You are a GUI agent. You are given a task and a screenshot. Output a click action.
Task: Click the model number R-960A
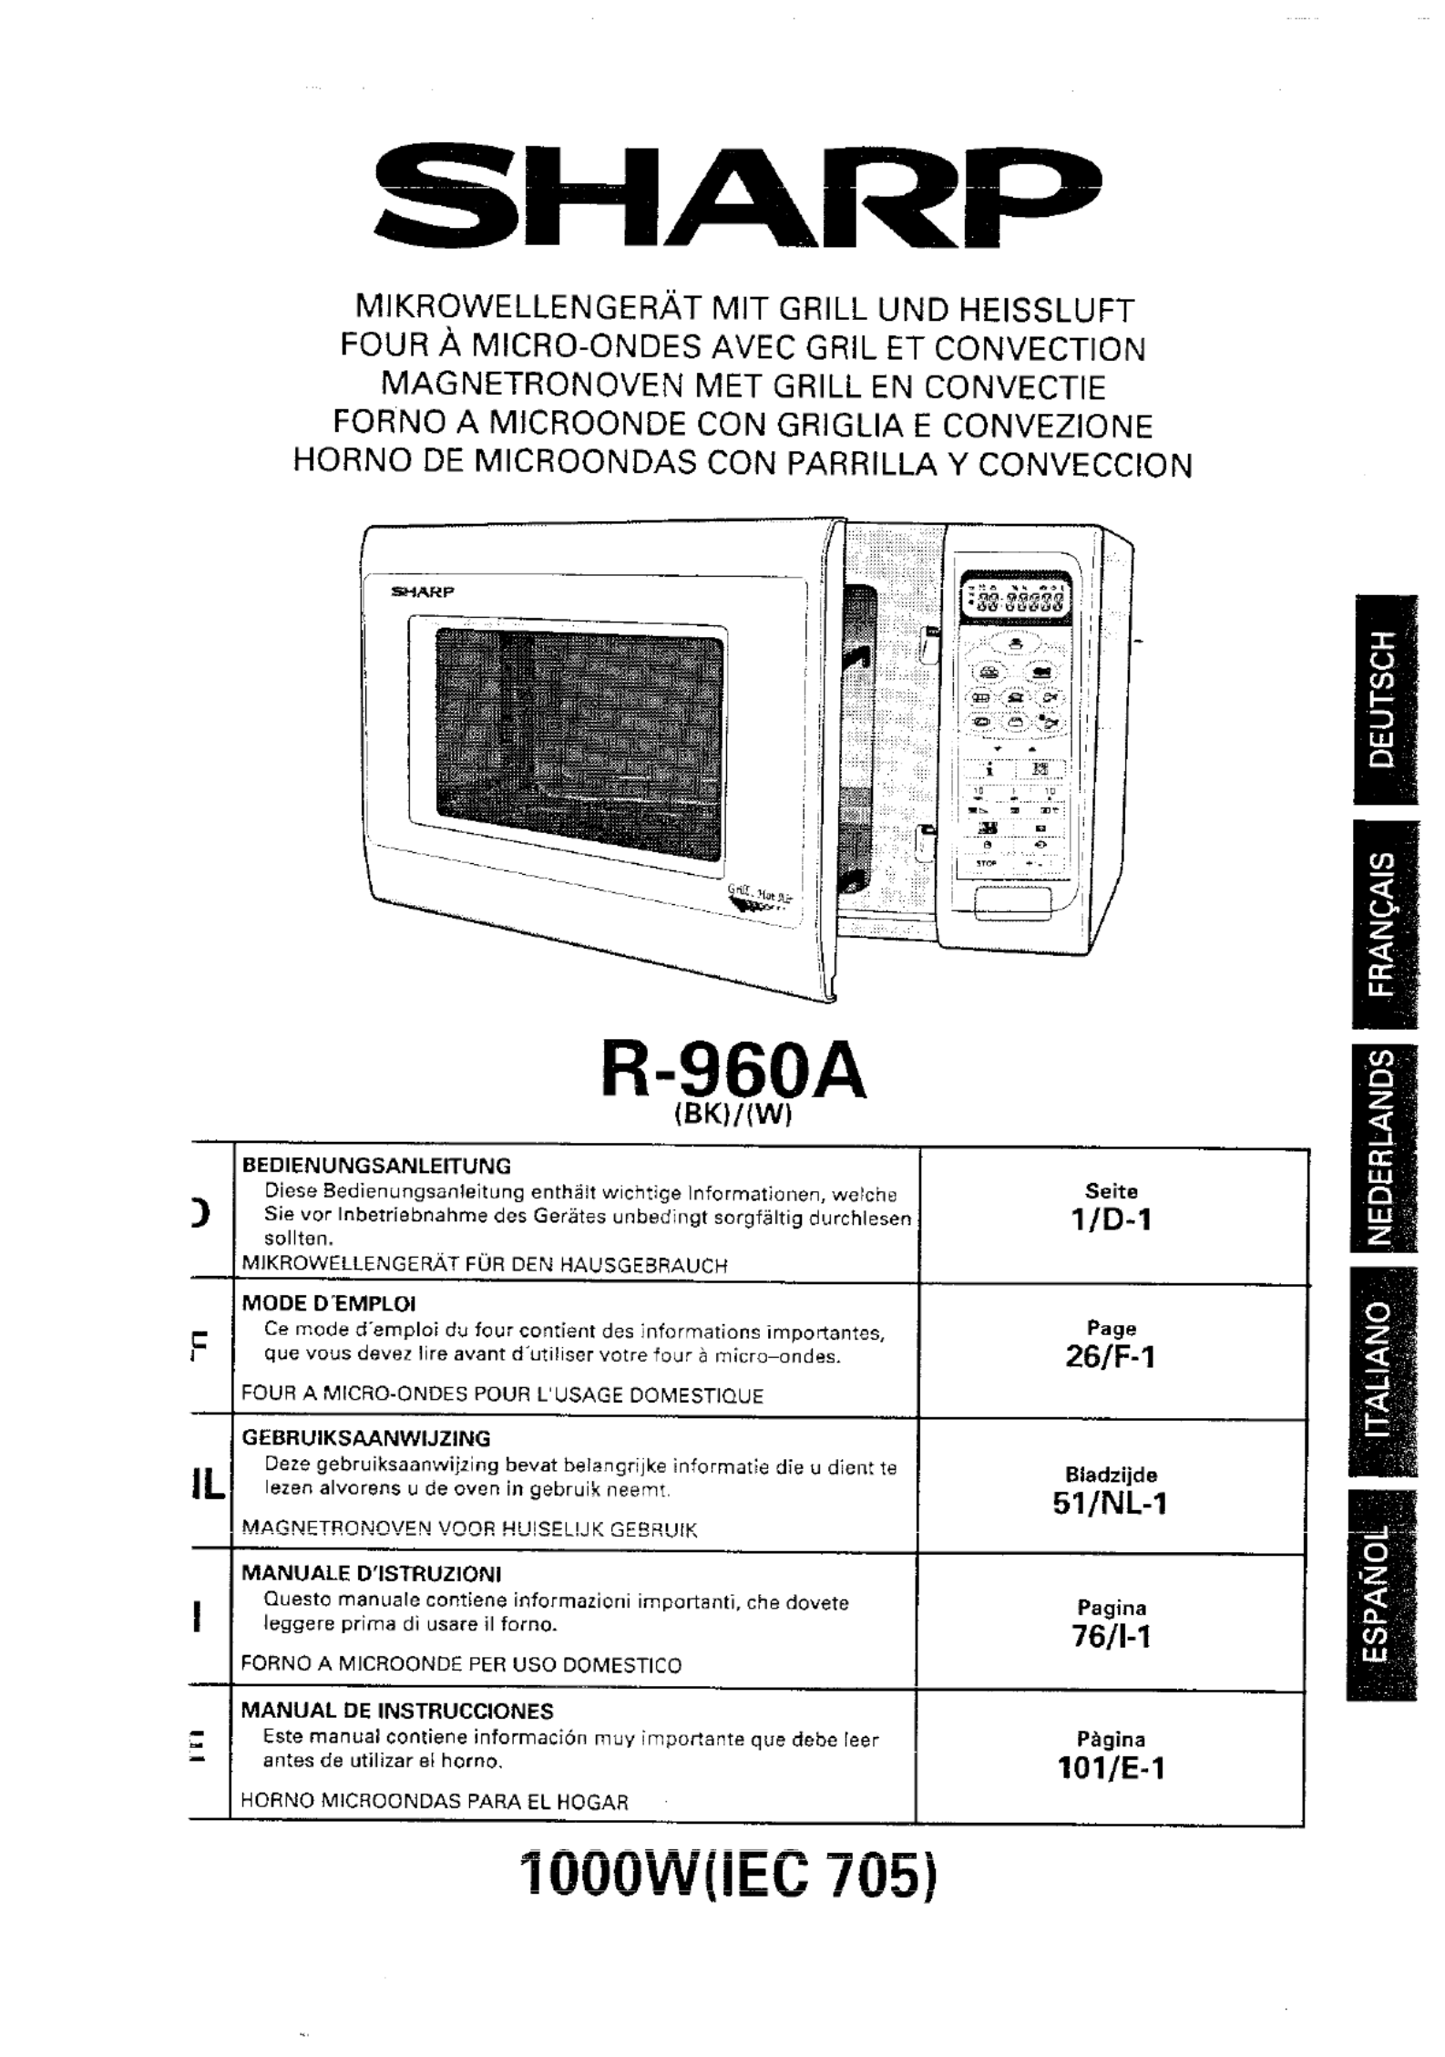(733, 1075)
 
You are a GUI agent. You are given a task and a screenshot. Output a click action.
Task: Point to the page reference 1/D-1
(1111, 1219)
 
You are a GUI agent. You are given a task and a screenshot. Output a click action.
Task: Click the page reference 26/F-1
(1111, 1357)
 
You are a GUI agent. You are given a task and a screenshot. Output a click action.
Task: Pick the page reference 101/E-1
(1111, 1769)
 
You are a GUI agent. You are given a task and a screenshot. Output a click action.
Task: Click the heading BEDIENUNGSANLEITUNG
(375, 1166)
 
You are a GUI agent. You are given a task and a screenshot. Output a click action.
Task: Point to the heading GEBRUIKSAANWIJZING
(365, 1438)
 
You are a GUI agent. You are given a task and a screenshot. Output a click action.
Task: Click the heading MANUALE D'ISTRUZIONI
(371, 1574)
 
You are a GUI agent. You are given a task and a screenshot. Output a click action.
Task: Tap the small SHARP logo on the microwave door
(422, 591)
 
